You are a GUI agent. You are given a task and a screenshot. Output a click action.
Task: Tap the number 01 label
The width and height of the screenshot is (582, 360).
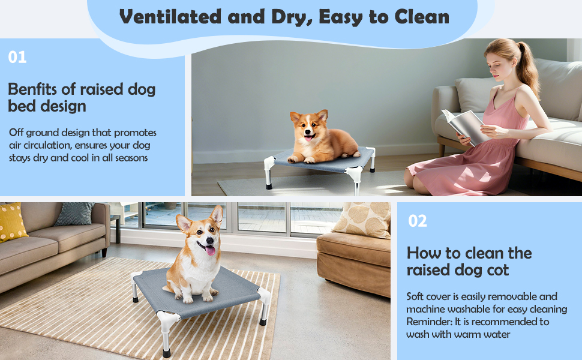coord(17,58)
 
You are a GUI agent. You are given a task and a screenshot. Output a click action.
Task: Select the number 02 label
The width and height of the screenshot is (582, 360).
coord(418,221)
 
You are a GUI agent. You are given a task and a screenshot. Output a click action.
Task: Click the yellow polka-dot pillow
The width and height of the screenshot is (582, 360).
coord(11,221)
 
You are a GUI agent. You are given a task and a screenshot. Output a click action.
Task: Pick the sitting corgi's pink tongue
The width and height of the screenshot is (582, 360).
coord(210,250)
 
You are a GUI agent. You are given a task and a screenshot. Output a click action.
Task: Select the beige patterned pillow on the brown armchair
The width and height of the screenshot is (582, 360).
coord(362,219)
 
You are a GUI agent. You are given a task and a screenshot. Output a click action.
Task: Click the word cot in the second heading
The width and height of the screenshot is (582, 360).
coord(497,270)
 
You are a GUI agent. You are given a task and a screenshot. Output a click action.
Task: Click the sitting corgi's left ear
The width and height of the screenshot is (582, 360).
coord(183,223)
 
